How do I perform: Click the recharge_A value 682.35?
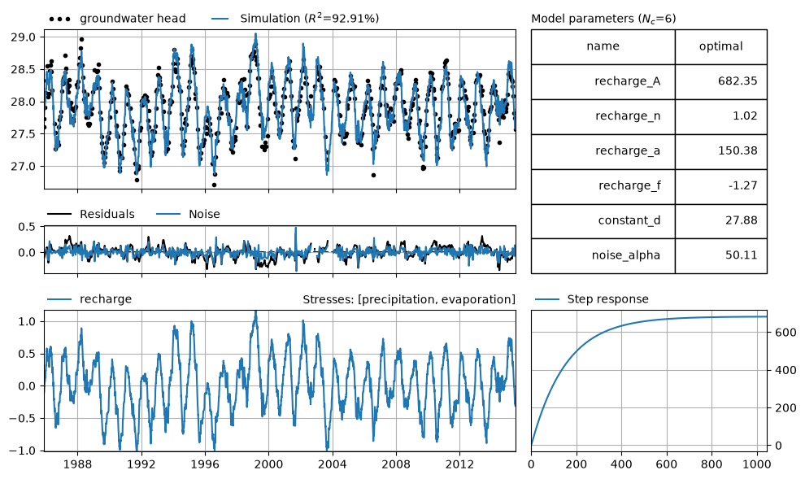pyautogui.click(x=738, y=81)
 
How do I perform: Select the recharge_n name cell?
pyautogui.click(x=603, y=116)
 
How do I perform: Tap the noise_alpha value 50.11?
pyautogui.click(x=741, y=255)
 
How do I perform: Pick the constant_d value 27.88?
pyautogui.click(x=741, y=220)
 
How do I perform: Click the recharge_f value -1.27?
pyautogui.click(x=742, y=185)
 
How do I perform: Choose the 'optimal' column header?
pyautogui.click(x=720, y=46)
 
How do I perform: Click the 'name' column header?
pyautogui.click(x=603, y=46)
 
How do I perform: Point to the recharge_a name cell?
pyautogui.click(x=603, y=151)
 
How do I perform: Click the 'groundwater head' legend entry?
pyautogui.click(x=117, y=19)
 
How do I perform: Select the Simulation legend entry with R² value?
pyautogui.click(x=295, y=19)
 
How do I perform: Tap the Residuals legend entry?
pyautogui.click(x=91, y=214)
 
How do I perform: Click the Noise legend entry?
pyautogui.click(x=188, y=214)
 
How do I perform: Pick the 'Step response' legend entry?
pyautogui.click(x=591, y=298)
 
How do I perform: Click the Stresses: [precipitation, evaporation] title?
pyautogui.click(x=409, y=299)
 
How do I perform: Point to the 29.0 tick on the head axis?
pyautogui.click(x=23, y=37)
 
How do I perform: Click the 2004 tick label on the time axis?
pyautogui.click(x=333, y=464)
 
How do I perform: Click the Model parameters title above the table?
pyautogui.click(x=603, y=19)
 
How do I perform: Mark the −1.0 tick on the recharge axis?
pyautogui.click(x=22, y=451)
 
